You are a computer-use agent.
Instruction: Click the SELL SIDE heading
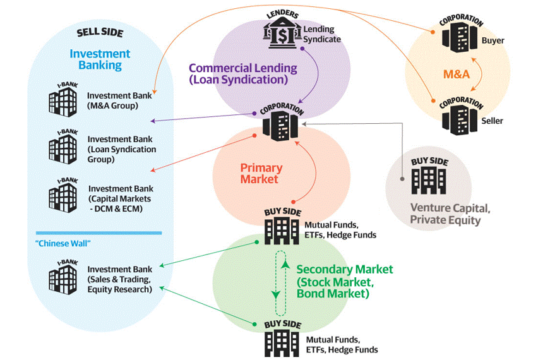coord(100,32)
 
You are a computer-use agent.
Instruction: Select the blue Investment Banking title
coord(100,59)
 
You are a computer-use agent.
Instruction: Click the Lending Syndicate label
coord(322,34)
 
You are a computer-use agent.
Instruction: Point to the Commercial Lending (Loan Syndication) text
coord(242,74)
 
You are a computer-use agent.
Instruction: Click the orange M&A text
coord(457,75)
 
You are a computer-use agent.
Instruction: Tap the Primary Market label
coord(261,174)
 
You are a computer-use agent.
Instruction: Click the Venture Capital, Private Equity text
coord(449,214)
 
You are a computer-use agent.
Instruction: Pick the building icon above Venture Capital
coord(429,179)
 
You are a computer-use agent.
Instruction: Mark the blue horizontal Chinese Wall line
coord(99,232)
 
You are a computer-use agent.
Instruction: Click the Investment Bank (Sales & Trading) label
coord(119,279)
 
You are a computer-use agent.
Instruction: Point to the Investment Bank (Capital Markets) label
coord(120,199)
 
